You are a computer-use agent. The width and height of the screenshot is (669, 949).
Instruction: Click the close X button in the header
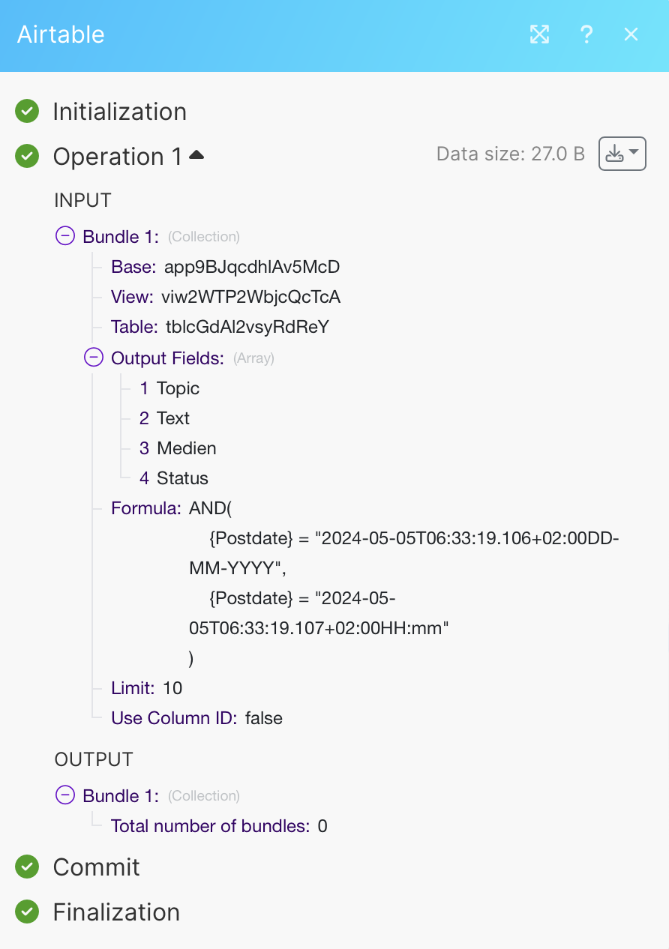tap(631, 34)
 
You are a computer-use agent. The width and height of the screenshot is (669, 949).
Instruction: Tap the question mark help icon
tap(586, 34)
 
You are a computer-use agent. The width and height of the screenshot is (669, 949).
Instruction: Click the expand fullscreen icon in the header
tap(540, 34)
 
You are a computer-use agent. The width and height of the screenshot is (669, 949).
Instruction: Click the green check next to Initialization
tap(27, 111)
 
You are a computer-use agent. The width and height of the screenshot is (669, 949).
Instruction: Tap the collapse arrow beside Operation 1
tap(196, 155)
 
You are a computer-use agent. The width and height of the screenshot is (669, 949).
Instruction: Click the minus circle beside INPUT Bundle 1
tap(65, 235)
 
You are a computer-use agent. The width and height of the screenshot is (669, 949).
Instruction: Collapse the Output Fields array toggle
tap(94, 357)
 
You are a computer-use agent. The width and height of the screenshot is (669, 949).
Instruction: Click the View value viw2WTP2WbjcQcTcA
tap(250, 297)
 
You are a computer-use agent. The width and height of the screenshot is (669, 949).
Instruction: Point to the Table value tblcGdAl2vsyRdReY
tap(247, 327)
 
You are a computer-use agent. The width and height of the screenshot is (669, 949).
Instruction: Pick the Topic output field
tap(178, 388)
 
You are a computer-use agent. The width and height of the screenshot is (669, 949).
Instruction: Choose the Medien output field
tap(187, 448)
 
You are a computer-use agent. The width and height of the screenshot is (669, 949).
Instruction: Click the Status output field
tap(182, 478)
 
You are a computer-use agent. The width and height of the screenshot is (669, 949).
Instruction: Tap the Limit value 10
tap(172, 688)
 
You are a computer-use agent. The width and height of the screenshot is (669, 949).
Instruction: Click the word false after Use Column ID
tap(264, 718)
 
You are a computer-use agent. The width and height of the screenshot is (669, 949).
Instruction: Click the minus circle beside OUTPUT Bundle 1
tap(65, 795)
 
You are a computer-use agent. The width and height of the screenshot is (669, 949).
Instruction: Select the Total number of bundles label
tap(210, 826)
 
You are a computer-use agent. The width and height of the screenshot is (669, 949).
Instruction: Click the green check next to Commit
tap(27, 867)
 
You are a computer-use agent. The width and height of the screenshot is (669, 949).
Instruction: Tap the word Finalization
tap(116, 912)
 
